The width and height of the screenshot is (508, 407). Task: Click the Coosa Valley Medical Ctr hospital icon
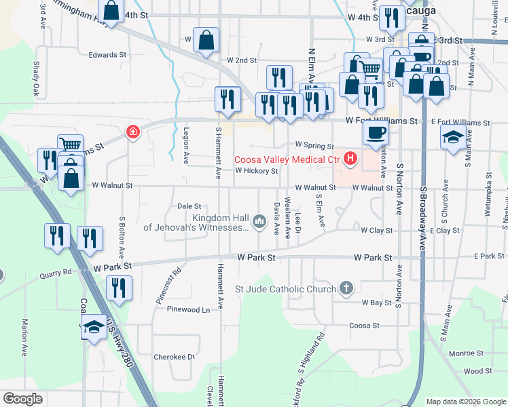point(350,160)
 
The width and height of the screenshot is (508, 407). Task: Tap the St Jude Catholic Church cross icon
point(346,289)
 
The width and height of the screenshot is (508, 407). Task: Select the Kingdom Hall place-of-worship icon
point(259,222)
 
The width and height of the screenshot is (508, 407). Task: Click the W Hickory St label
point(257,172)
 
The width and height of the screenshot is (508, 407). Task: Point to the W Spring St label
point(314,146)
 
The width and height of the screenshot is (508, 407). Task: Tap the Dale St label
point(189,206)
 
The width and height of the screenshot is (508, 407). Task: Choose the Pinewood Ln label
point(189,309)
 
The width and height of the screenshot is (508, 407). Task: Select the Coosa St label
point(364,326)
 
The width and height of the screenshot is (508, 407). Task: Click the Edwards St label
point(107,54)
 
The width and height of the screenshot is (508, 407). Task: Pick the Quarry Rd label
point(55,275)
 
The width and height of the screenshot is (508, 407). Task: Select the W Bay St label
point(376,303)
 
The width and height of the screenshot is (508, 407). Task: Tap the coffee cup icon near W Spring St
point(375,133)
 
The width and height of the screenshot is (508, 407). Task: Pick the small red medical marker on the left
point(133,132)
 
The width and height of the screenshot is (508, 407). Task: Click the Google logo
point(22,399)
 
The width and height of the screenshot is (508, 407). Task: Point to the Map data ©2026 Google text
point(465,402)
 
